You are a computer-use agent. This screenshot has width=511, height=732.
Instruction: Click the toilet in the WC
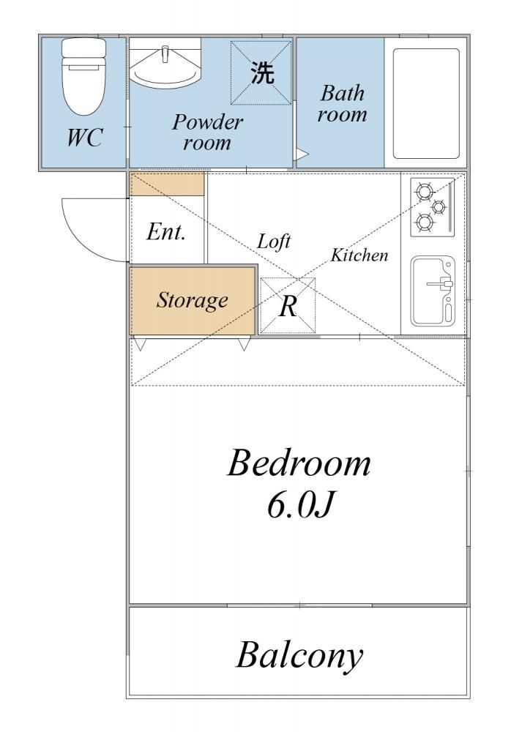pos(84,76)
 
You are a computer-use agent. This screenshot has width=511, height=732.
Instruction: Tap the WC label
pos(84,138)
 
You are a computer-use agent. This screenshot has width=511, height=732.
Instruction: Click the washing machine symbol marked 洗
pos(261,72)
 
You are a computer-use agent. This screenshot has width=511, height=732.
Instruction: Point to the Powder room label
pos(207,132)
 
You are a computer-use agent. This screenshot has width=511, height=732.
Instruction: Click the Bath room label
pos(342,103)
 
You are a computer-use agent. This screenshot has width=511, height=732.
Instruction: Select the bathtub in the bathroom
pos(426,103)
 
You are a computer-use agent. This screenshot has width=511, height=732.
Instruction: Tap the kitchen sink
pos(433,291)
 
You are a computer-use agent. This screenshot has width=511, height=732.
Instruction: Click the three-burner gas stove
pos(432,207)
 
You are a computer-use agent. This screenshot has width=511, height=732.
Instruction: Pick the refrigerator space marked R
pos(288,306)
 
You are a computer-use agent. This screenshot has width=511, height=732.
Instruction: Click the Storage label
pos(192,300)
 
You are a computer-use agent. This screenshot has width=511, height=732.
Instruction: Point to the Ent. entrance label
pos(166,231)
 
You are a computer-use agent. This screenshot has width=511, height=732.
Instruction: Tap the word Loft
pos(274,242)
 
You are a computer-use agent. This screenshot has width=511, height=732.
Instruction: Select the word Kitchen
pos(359,255)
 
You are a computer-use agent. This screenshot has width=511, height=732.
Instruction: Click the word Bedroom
pos(299,463)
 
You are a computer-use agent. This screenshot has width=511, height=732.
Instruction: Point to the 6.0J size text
pos(301,506)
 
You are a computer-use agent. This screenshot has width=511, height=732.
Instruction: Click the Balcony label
pos(299,656)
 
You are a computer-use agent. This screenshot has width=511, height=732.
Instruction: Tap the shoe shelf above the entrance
pos(167,184)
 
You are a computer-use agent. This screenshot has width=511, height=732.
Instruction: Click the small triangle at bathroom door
pos(302,154)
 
